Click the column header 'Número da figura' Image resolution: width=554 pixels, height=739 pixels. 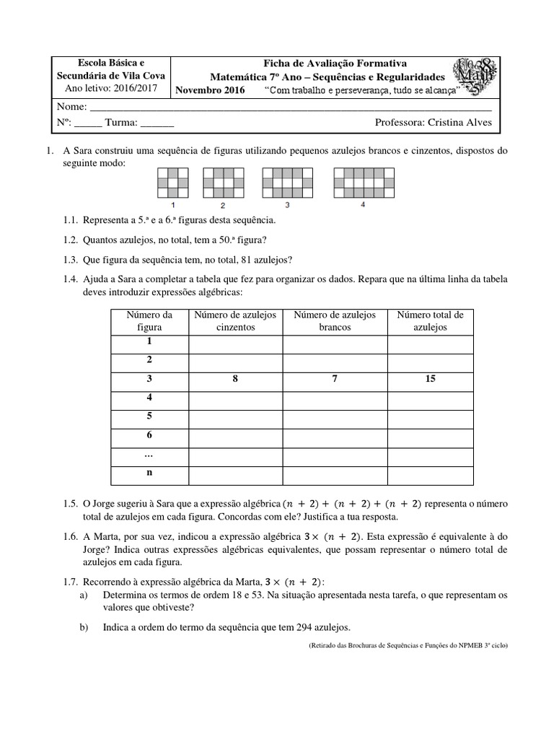coord(149,321)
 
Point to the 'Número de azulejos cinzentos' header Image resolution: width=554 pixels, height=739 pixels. coord(236,321)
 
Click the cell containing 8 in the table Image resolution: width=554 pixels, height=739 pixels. coord(236,379)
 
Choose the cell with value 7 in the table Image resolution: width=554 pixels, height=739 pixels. coord(335,379)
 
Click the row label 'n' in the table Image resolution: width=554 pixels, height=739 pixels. coord(149,473)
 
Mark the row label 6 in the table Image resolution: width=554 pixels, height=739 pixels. coord(149,435)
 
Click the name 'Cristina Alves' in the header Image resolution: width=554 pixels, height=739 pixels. coord(460,123)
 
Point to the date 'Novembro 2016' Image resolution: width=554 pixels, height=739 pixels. coord(211,90)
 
